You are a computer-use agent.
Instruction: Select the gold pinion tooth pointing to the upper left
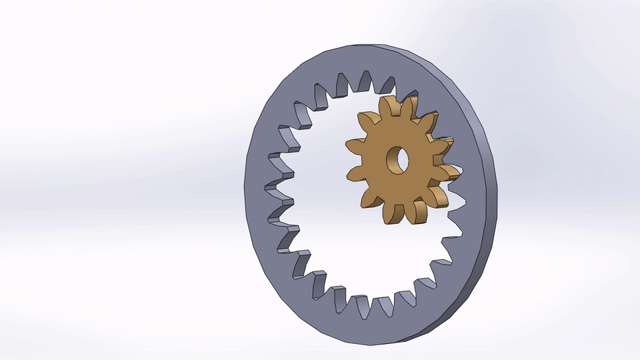coord(365,122)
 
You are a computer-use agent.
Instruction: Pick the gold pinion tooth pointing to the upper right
coord(431,120)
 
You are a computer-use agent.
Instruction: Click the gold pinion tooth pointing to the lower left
coord(366,198)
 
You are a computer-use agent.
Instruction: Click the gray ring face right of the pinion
coord(470,167)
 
